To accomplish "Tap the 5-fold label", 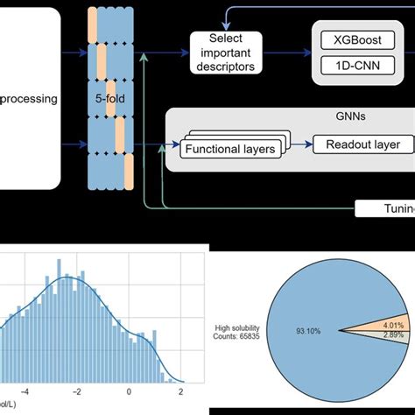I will [109, 100].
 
